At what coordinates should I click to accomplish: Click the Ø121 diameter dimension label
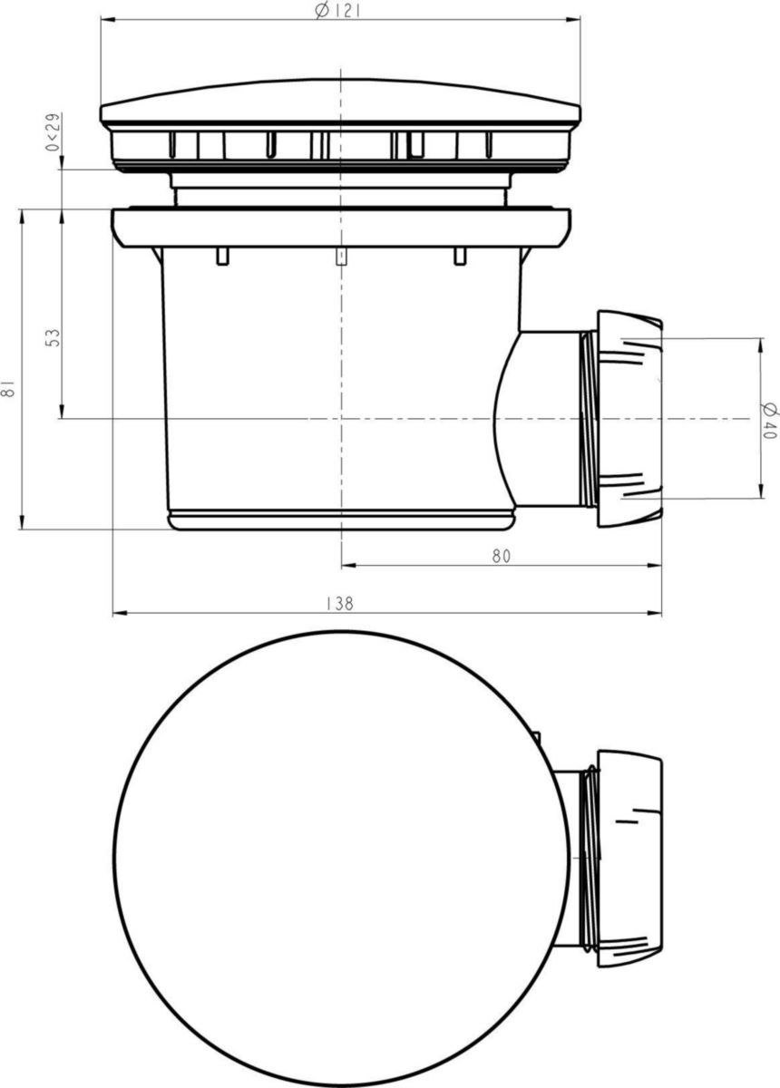[x=334, y=11]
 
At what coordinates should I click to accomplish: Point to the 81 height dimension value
[x=9, y=389]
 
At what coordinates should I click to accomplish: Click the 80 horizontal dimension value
[x=501, y=557]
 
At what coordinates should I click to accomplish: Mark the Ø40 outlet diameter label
[x=770, y=420]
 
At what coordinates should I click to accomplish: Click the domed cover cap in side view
[x=339, y=102]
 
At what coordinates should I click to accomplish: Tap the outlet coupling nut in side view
[x=628, y=420]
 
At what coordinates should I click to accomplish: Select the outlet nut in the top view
[x=629, y=859]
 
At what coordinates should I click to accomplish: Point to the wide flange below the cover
[x=340, y=226]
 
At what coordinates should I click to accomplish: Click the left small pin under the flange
[x=221, y=257]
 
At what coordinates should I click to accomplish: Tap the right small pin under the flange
[x=460, y=257]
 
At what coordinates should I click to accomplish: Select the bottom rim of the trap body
[x=341, y=520]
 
